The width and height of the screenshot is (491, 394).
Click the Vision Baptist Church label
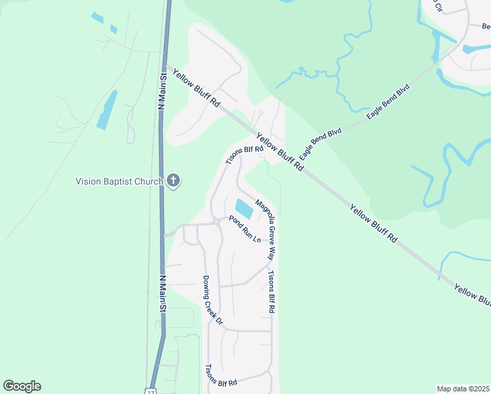tap(119, 181)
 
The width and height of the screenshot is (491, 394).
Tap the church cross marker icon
tap(173, 181)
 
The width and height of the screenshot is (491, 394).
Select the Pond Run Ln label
tap(244, 229)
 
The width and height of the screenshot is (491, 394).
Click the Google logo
tap(22, 386)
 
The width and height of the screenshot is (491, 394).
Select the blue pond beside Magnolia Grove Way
tap(244, 209)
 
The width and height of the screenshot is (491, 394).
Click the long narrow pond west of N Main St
tap(107, 110)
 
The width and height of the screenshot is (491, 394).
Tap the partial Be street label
tap(486, 27)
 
